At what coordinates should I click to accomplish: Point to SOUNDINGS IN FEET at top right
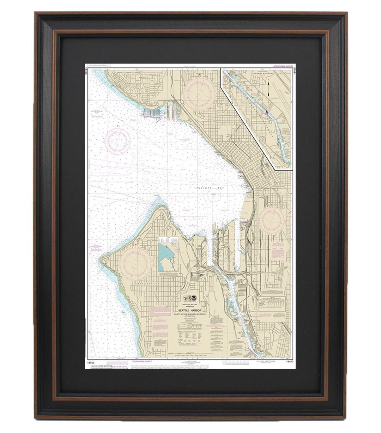tap(283, 66)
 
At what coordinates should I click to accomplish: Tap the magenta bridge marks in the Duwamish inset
tap(267, 113)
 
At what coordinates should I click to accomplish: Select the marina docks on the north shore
tap(152, 113)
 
